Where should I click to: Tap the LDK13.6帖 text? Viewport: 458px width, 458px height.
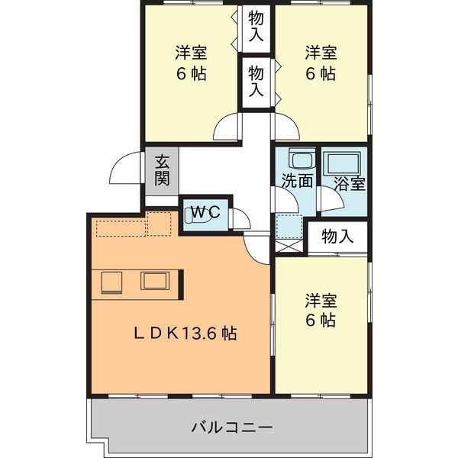coord(185,334)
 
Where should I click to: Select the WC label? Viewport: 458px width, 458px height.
coord(205,213)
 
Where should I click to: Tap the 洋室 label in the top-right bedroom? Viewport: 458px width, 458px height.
coord(321,63)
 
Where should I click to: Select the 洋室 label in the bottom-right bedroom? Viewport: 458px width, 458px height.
coord(321,309)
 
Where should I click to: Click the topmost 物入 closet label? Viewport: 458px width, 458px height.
coord(256,26)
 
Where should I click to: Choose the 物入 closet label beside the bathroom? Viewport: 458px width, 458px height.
coord(337,237)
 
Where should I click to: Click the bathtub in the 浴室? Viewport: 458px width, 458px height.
coord(343,162)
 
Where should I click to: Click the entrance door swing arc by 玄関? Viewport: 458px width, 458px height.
coord(126,172)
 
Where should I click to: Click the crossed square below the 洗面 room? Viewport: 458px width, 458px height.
coord(291,244)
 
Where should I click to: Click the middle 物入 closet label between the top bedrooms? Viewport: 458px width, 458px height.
coord(256,81)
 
